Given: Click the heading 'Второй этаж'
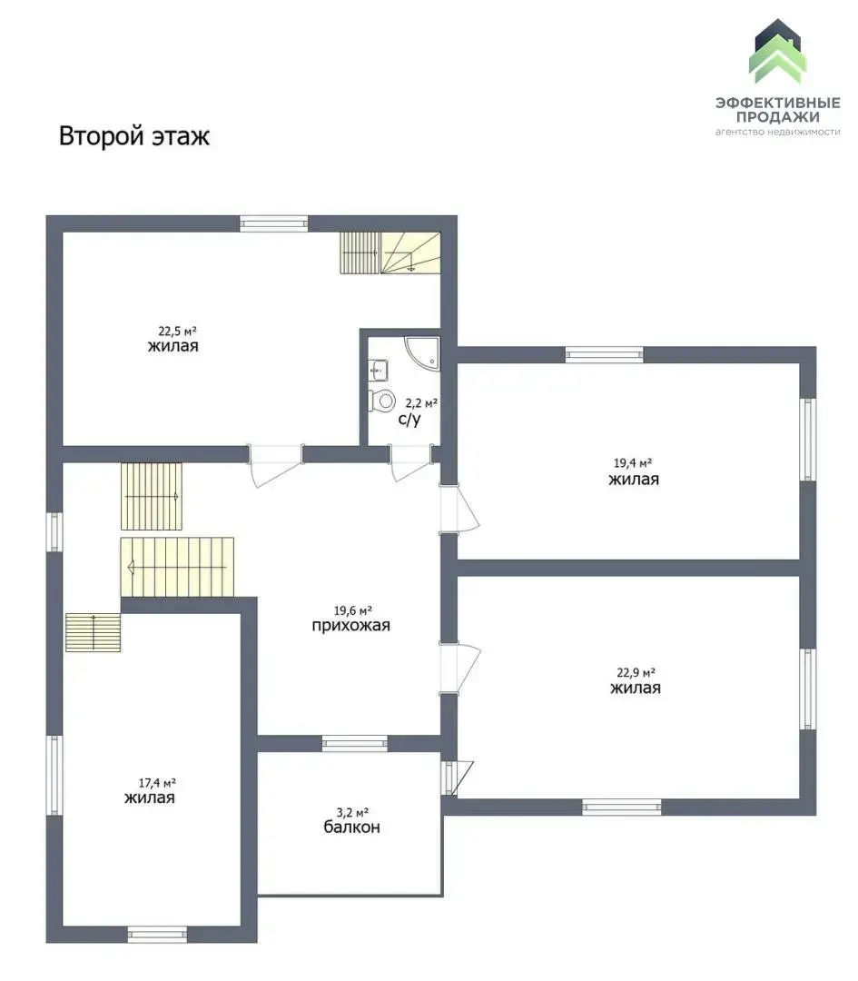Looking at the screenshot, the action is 133,135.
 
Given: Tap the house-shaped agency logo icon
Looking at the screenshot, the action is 777,52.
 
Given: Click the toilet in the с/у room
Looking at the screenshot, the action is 383,400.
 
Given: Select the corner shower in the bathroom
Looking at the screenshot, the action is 423,352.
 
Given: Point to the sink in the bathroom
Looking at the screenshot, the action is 379,370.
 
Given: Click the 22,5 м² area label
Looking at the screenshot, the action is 177,331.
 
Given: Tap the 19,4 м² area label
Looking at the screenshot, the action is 632,463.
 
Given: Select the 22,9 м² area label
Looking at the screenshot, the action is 636,672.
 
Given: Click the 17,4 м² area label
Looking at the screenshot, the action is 156,783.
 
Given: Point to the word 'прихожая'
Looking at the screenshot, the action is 350,626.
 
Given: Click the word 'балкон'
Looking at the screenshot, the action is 351,827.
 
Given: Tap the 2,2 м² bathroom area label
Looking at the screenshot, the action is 421,403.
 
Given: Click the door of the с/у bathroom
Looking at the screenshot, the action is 410,463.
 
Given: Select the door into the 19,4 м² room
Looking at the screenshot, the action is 459,510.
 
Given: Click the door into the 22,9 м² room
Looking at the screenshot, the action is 459,669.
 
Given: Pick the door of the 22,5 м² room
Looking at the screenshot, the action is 276,465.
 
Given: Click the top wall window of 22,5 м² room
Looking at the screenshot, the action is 274,224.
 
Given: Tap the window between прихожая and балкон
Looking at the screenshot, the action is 355,743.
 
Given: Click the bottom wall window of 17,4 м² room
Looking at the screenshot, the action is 157,935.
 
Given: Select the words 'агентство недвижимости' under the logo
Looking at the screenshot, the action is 777,132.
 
